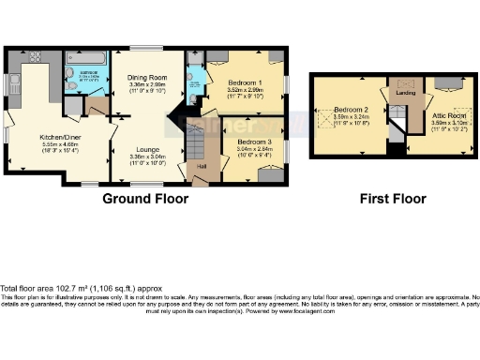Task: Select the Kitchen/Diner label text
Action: (58, 136)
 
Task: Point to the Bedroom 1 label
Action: (245, 82)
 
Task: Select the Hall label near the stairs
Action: (201, 167)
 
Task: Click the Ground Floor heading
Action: (145, 199)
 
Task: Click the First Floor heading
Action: (394, 199)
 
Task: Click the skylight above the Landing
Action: (404, 82)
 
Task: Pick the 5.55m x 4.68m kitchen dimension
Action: (58, 143)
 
